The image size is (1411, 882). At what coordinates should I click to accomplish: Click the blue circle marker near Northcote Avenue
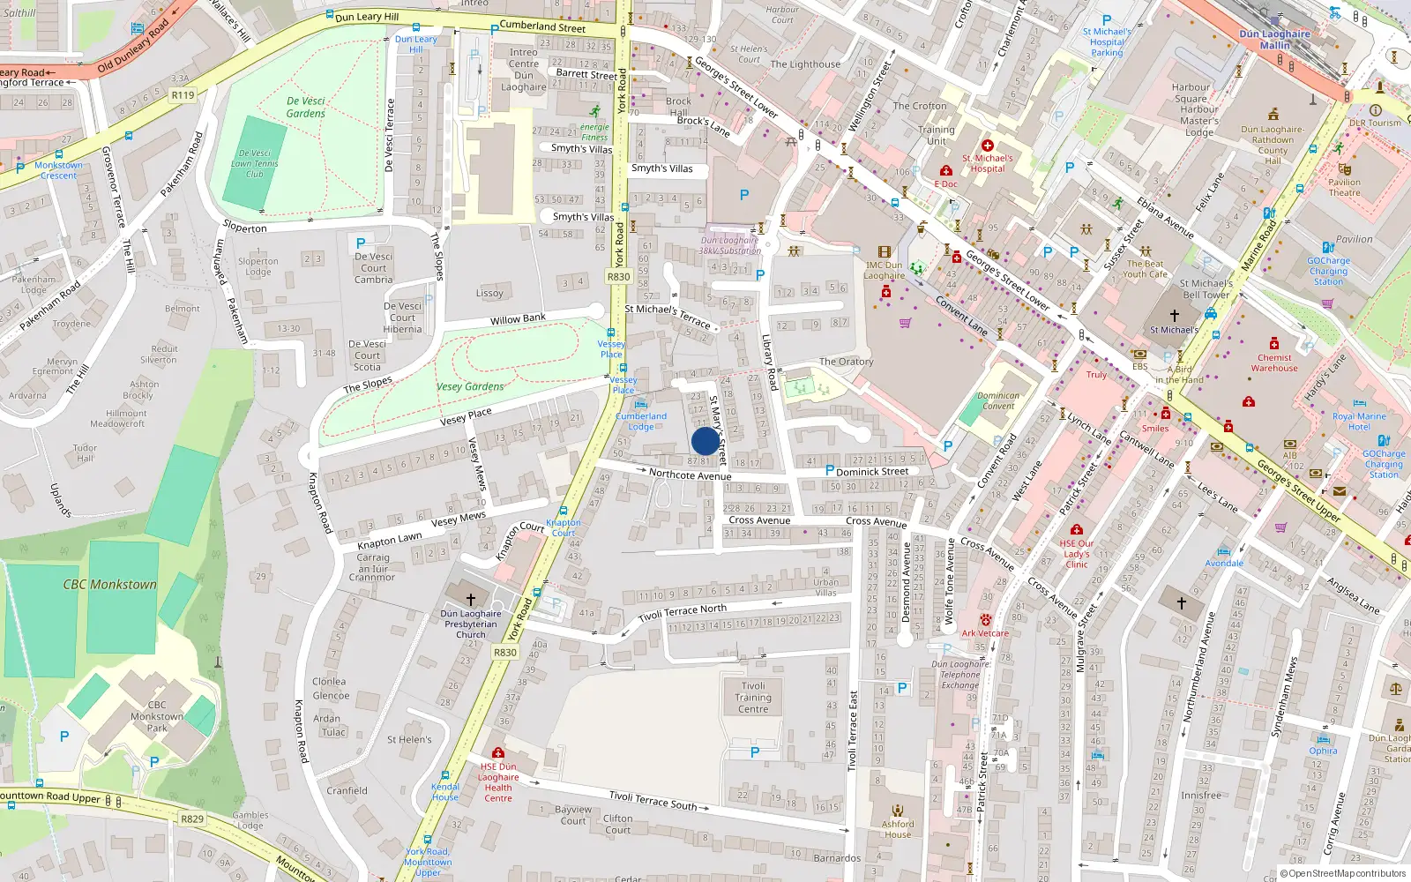705,441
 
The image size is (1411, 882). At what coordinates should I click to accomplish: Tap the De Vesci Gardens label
306,108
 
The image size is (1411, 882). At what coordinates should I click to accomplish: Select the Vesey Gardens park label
470,386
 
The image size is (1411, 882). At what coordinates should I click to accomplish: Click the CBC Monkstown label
109,585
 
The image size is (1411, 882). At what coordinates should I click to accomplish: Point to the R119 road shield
183,95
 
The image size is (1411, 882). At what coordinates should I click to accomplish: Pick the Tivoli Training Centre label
753,697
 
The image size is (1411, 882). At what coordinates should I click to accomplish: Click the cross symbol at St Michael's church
1174,315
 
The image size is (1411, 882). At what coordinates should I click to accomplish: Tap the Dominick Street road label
871,472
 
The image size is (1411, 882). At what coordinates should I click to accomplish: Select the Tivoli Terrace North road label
683,613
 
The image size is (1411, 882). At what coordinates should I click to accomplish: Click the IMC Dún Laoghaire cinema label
884,270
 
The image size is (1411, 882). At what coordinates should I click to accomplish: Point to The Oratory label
846,362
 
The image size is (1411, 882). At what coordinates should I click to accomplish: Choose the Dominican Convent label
998,401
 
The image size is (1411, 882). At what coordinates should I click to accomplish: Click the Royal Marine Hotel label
1359,422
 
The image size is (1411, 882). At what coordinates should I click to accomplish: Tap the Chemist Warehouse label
1274,363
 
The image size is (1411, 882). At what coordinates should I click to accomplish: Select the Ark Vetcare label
985,633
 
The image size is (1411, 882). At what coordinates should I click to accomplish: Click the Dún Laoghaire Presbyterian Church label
471,624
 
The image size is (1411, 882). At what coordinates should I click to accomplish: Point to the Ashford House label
898,829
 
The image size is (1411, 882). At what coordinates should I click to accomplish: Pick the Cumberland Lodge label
641,422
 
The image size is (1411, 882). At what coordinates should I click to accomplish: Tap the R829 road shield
192,818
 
